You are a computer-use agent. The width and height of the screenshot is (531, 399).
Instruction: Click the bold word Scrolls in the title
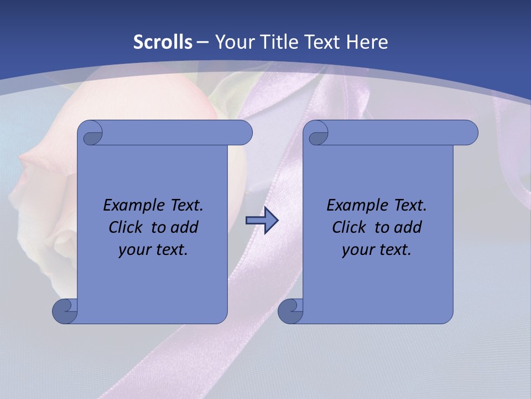(x=163, y=42)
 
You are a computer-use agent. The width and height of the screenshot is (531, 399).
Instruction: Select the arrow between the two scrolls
(x=262, y=221)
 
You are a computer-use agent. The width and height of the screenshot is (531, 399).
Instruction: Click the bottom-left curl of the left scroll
(x=65, y=311)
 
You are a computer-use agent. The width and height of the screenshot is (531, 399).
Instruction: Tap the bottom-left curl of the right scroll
(x=290, y=311)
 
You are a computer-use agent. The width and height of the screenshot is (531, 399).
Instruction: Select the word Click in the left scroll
(x=121, y=227)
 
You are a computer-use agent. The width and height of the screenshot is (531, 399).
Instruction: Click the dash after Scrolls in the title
(x=202, y=42)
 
